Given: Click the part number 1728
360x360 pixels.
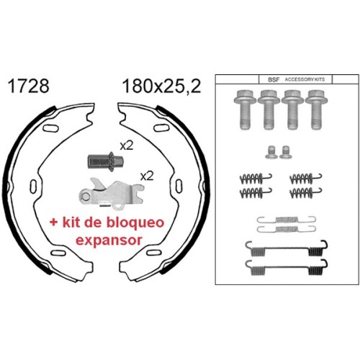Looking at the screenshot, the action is [28, 86].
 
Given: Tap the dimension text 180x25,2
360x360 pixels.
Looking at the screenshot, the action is [161, 86].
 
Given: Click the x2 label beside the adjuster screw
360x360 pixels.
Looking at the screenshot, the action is [127, 145].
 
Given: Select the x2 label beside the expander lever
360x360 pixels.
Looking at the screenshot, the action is [147, 176].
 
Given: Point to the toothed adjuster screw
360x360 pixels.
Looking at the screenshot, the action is [105, 161].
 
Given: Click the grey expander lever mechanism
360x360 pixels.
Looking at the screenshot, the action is [111, 194].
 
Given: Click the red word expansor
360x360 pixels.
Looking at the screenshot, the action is [109, 240].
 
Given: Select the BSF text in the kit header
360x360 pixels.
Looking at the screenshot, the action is [274, 80].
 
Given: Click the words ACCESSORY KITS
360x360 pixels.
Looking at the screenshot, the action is [305, 79].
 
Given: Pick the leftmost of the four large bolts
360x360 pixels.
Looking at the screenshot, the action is [245, 110].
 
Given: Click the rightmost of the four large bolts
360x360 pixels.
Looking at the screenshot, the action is [316, 110].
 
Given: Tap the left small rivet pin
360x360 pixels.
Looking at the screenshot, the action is [271, 152].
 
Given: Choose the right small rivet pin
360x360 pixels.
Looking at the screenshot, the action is [285, 152].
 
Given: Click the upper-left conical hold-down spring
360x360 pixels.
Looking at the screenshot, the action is [256, 179].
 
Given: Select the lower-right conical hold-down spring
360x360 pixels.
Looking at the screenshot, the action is [306, 192].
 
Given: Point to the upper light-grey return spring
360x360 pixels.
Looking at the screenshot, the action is [287, 220].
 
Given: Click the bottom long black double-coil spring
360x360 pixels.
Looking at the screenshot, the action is [287, 267].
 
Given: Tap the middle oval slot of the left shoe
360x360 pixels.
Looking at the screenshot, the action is [33, 186].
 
